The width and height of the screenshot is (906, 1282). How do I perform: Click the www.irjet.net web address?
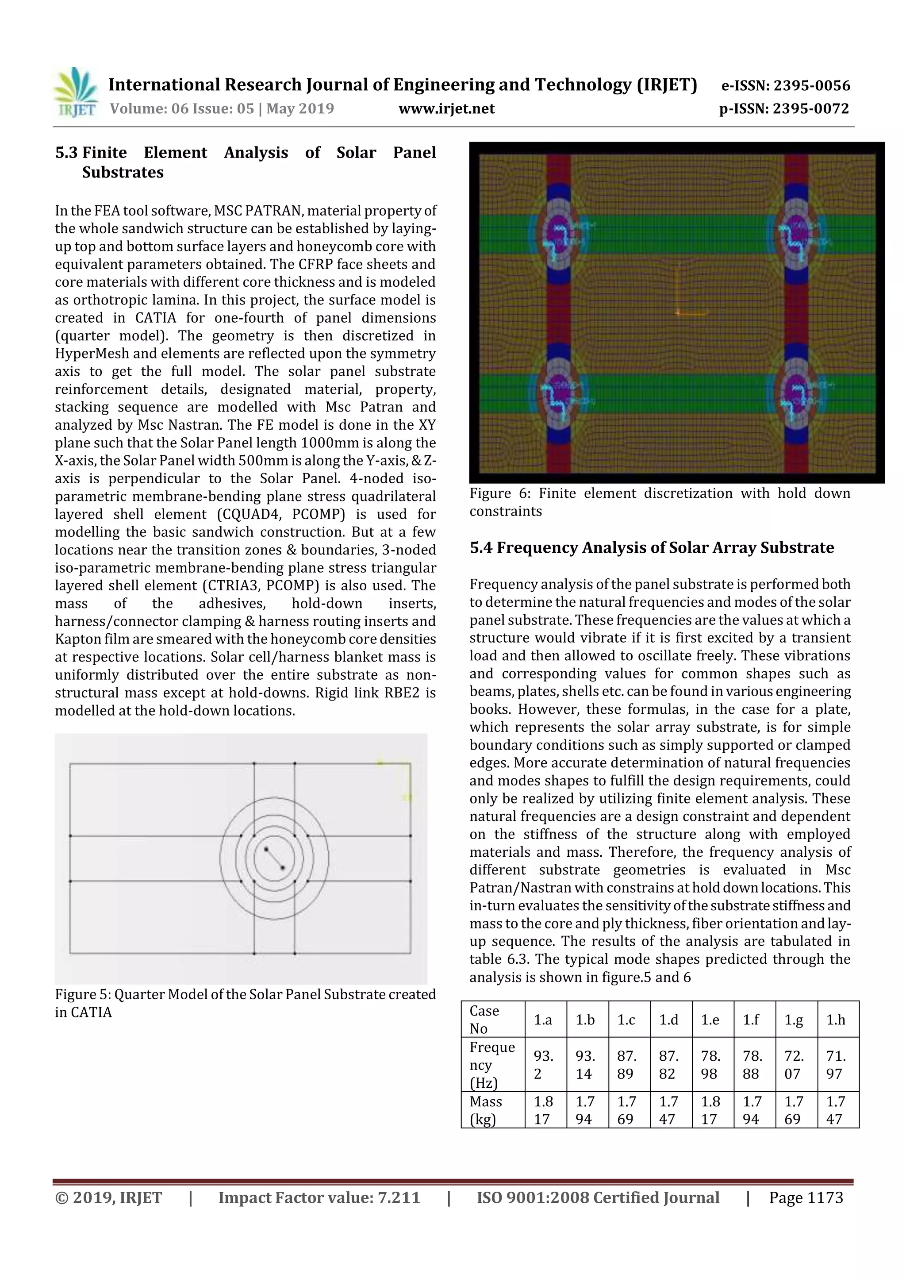pyautogui.click(x=446, y=108)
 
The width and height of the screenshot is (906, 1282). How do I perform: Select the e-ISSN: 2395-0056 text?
pyautogui.click(x=785, y=85)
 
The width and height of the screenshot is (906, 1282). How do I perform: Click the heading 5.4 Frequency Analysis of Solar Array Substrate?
pyautogui.click(x=652, y=547)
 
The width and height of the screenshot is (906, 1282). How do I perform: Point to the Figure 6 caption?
pyautogui.click(x=659, y=501)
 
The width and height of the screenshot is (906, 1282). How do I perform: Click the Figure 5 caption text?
pyautogui.click(x=245, y=1003)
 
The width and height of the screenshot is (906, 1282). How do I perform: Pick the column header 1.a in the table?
pyautogui.click(x=543, y=1020)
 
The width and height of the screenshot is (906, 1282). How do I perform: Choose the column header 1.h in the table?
pyautogui.click(x=836, y=1020)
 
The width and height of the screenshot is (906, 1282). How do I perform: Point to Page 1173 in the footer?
pyautogui.click(x=806, y=1197)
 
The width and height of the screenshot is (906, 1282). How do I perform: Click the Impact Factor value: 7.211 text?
pyautogui.click(x=319, y=1197)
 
